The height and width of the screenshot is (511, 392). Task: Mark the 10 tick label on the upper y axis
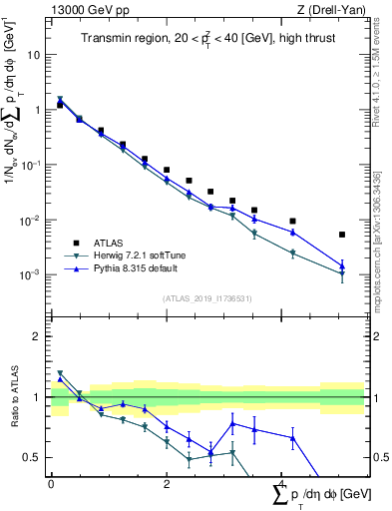[x=34, y=55]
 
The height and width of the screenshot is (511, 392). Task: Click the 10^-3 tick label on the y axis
[x=31, y=274]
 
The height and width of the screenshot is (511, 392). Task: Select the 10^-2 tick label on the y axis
[x=31, y=220]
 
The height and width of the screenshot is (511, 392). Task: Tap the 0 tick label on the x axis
[x=51, y=482]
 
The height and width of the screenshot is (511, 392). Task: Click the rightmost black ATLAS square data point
[x=342, y=235]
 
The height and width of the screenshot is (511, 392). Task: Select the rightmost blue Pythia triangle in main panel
[x=342, y=265]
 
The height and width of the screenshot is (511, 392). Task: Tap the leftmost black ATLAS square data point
[x=60, y=105]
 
